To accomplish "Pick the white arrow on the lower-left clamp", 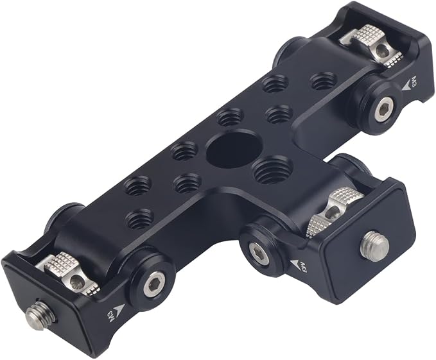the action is (x=119, y=310).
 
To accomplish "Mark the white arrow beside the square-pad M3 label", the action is (x=294, y=263).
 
